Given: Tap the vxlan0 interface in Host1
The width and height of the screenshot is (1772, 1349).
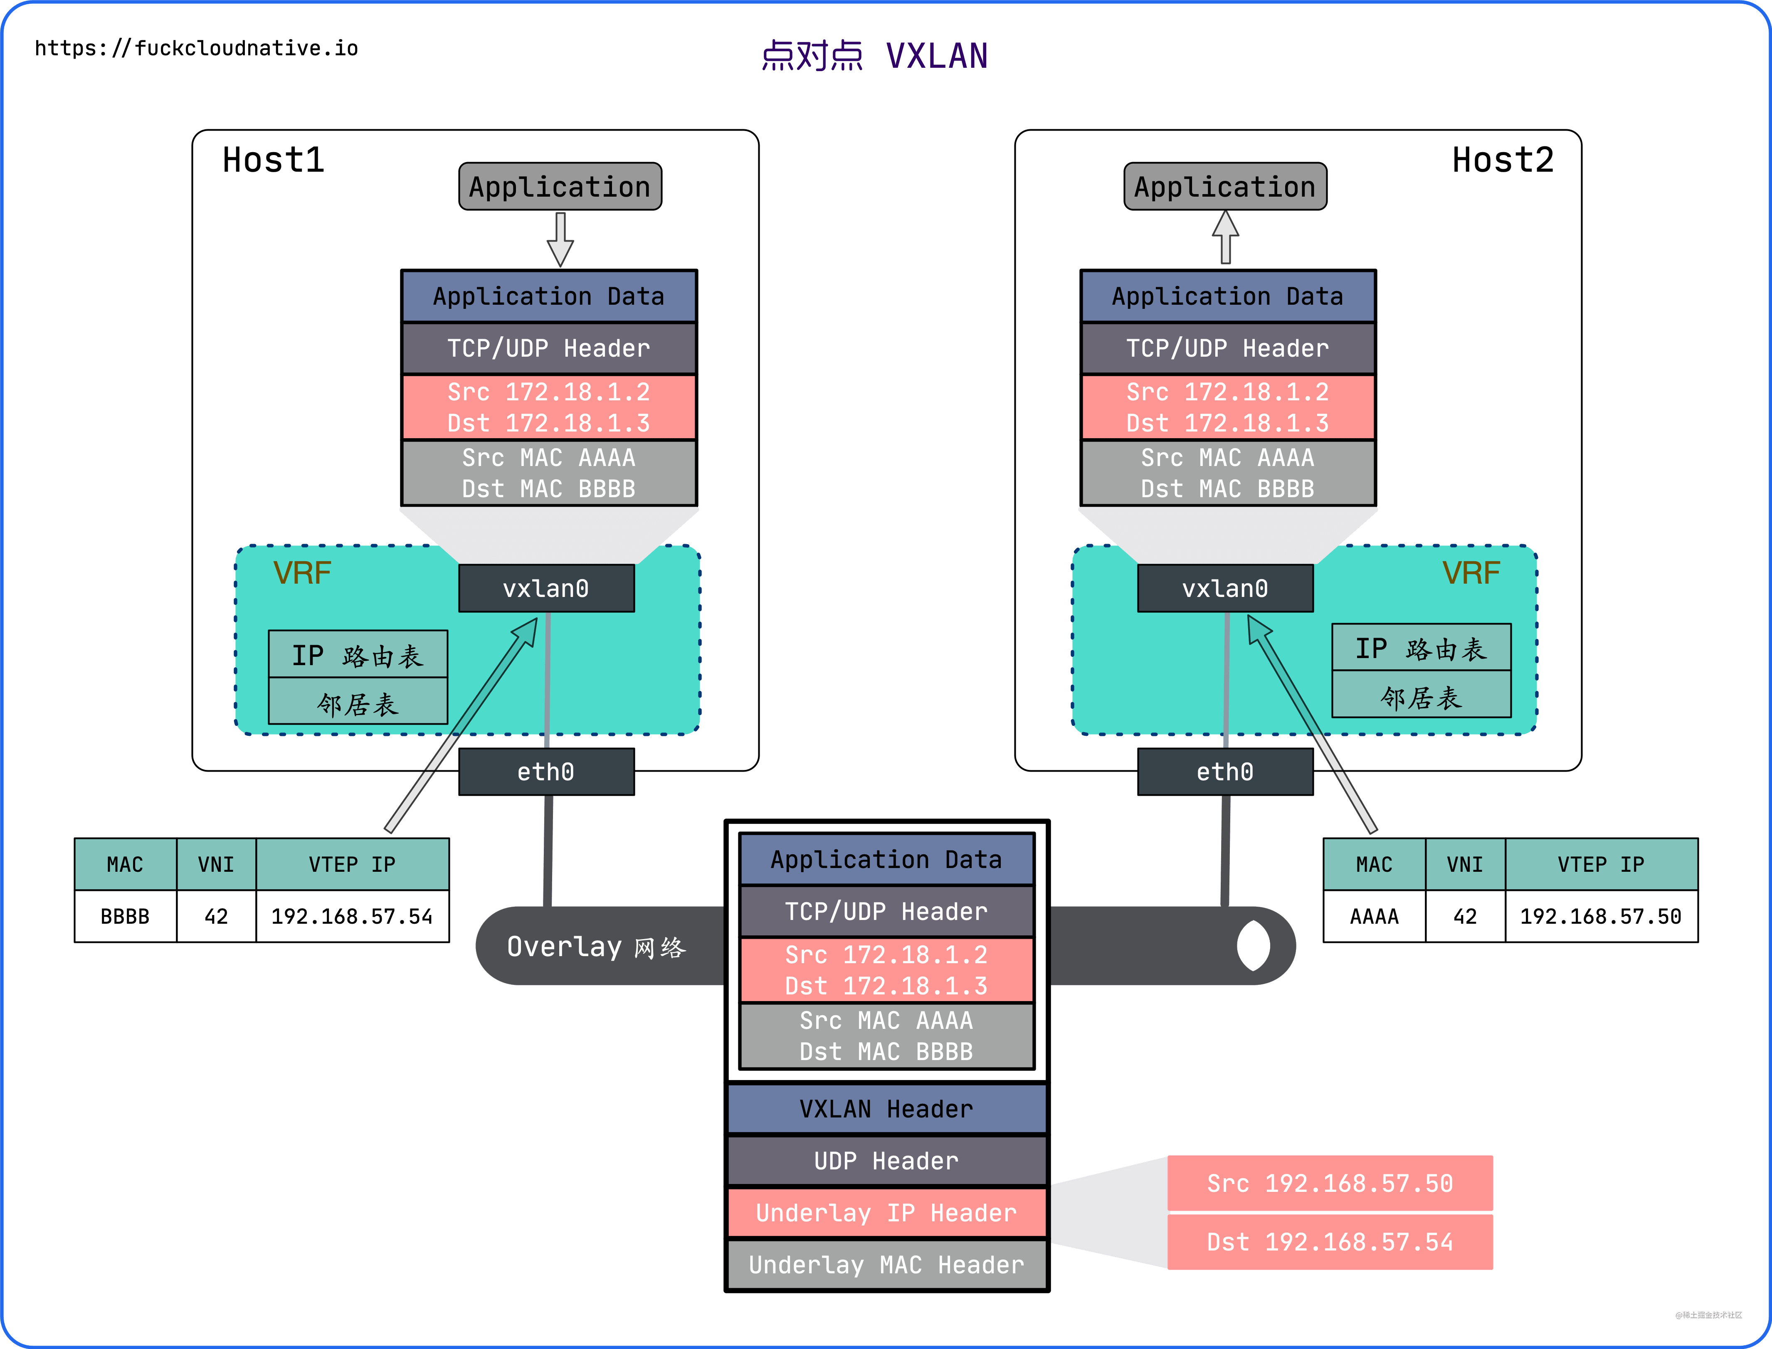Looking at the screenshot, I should click(x=546, y=589).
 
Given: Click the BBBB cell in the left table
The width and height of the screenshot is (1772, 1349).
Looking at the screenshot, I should click(x=125, y=916).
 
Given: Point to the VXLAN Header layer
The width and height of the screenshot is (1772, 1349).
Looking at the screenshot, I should click(x=886, y=1109).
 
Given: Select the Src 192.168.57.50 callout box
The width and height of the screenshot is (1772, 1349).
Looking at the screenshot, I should click(x=1330, y=1183).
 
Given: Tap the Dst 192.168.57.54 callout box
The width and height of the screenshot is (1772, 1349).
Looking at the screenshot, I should click(x=1330, y=1242).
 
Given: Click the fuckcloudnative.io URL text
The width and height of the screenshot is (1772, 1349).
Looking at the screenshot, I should click(x=197, y=48).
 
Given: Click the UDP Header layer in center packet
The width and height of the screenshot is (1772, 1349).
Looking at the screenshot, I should click(x=886, y=1161).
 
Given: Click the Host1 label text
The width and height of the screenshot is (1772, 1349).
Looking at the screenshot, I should click(x=274, y=160).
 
